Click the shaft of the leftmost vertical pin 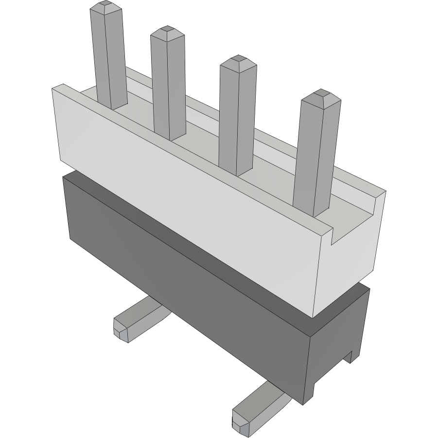tap(109, 58)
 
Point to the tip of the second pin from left tap(167, 32)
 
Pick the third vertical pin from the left tap(237, 117)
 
